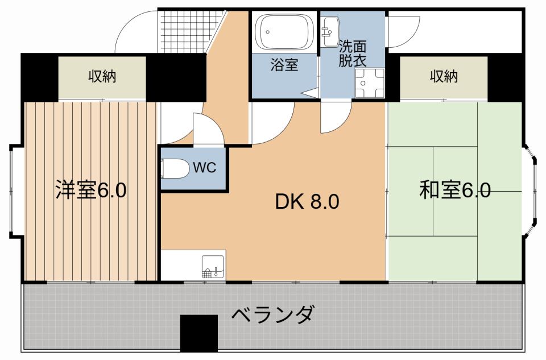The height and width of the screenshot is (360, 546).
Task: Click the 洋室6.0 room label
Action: tap(91, 190)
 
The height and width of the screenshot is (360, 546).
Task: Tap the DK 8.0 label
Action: tap(307, 201)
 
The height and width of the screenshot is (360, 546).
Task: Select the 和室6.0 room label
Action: tap(454, 190)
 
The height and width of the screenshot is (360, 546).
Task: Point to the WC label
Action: tap(203, 168)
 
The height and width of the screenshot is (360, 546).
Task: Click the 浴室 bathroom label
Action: tap(284, 65)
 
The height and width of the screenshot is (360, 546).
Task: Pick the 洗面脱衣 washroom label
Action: tap(353, 53)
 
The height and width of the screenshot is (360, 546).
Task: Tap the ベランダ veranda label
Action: tap(273, 313)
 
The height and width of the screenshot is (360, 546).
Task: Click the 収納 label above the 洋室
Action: tap(102, 76)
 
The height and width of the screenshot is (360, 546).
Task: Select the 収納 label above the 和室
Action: tap(444, 76)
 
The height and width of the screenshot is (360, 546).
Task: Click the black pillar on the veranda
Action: tap(199, 333)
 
